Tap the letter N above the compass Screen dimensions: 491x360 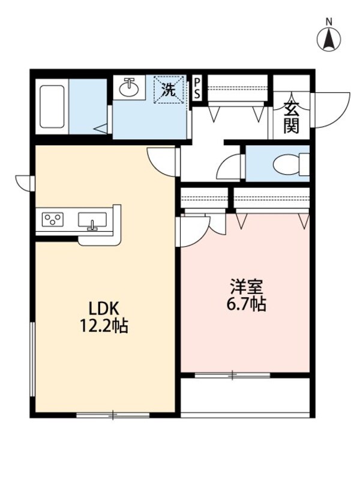(329, 22)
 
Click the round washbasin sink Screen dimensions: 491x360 (129, 88)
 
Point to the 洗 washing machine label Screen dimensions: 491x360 (170, 91)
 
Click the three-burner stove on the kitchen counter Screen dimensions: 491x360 (53, 219)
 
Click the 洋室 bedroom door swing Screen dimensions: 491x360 (193, 230)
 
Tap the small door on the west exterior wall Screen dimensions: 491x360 (25, 181)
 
